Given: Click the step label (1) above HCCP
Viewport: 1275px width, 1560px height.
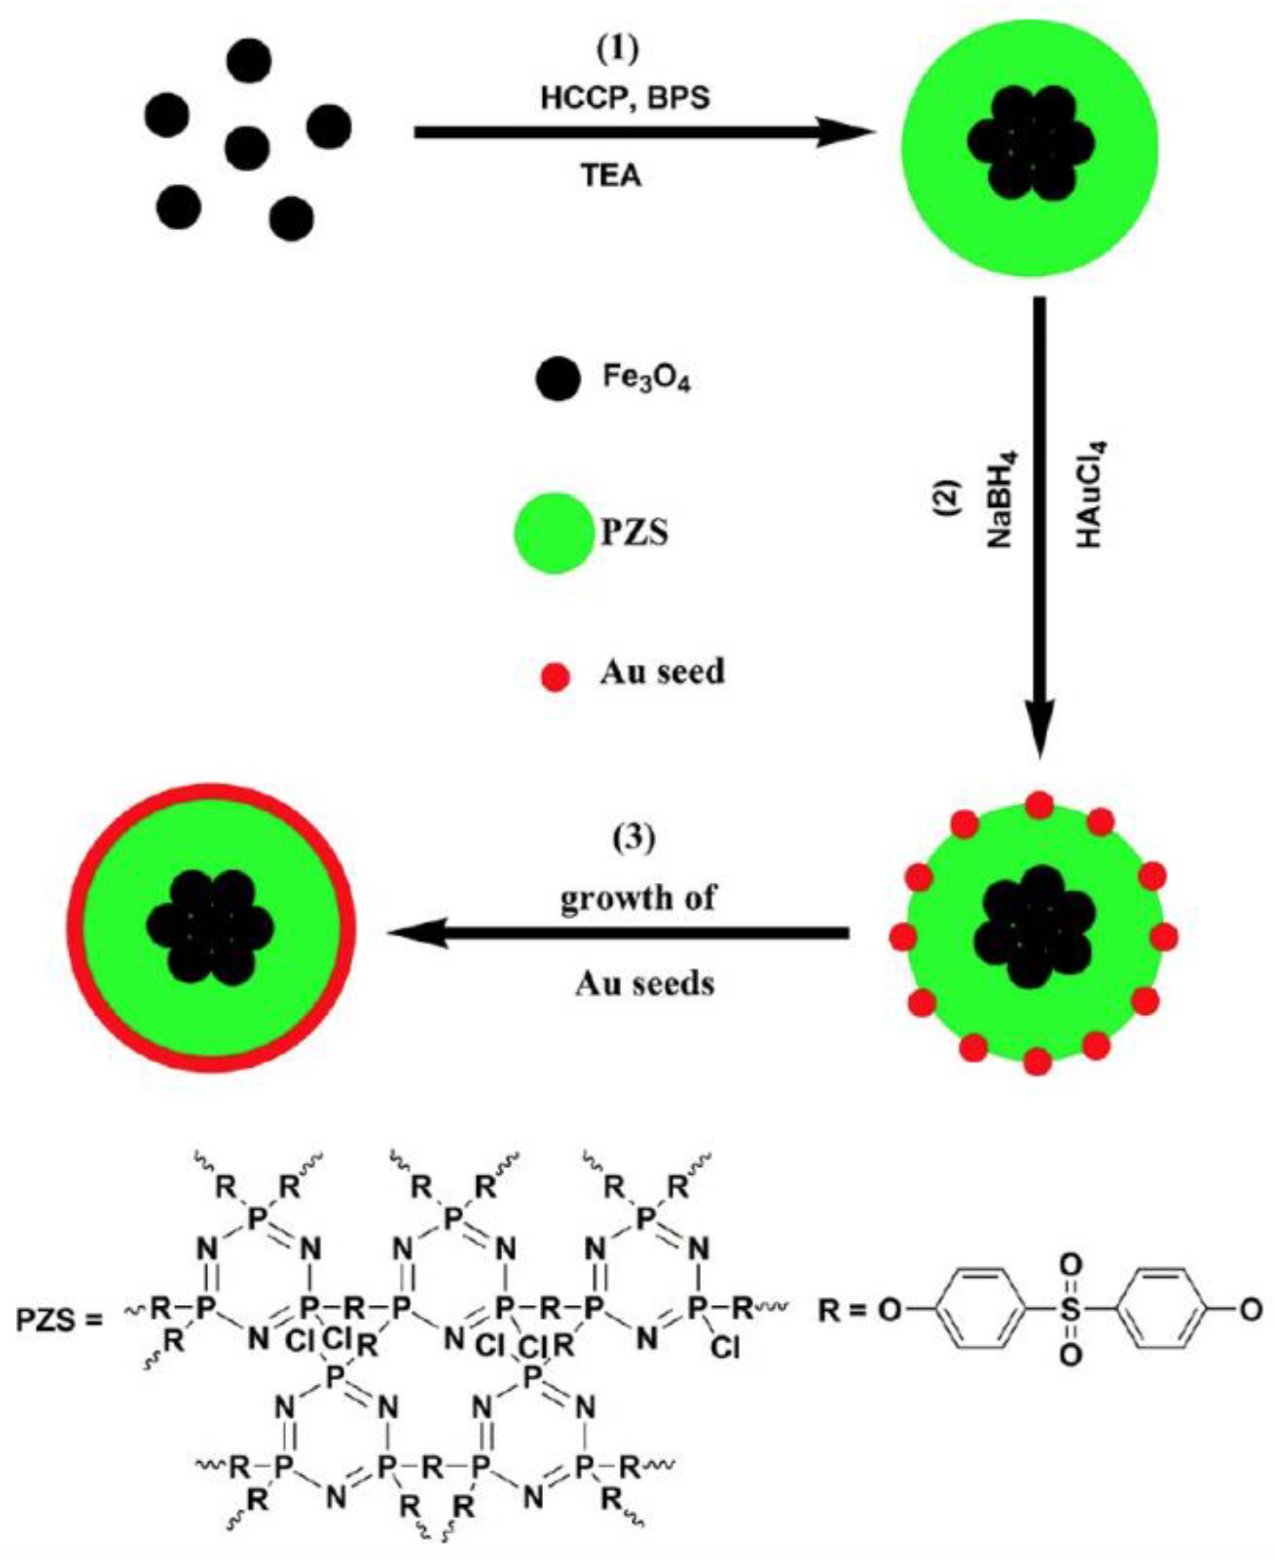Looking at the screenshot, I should [x=616, y=49].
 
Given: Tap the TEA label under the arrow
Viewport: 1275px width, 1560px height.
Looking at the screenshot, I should [x=611, y=176].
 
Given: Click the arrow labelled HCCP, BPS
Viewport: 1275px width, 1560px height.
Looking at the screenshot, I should [x=639, y=133].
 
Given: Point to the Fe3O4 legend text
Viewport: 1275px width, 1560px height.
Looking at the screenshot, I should [x=646, y=379].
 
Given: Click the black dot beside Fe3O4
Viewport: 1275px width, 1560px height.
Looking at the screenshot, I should [x=557, y=379].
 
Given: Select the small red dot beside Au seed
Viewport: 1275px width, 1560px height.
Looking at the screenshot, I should [x=555, y=676].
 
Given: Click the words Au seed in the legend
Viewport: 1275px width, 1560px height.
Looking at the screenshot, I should [x=662, y=672].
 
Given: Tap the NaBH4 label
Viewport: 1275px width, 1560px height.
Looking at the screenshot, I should [x=998, y=507].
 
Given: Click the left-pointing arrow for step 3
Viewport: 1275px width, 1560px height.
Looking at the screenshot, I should [x=617, y=934].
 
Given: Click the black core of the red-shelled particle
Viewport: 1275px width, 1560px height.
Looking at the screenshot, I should [x=210, y=926].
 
